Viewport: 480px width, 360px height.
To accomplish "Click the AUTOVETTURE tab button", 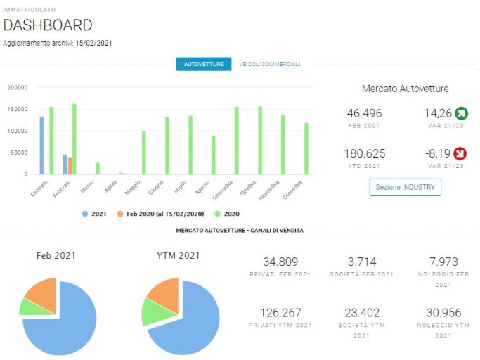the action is pyautogui.click(x=204, y=64).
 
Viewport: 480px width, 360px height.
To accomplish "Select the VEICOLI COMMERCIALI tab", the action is pyautogui.click(x=270, y=64).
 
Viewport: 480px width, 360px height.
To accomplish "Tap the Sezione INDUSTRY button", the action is pyautogui.click(x=406, y=187).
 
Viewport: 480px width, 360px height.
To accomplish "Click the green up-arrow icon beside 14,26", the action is pyautogui.click(x=461, y=113).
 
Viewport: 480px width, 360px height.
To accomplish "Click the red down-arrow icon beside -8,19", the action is pyautogui.click(x=460, y=153).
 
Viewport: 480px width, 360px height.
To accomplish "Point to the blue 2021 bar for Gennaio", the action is pyautogui.click(x=41, y=146).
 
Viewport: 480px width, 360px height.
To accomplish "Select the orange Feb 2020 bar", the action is pyautogui.click(x=70, y=166).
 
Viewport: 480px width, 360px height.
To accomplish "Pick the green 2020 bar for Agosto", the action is pyautogui.click(x=214, y=155).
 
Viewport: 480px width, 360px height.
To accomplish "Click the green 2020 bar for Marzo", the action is pyautogui.click(x=98, y=169).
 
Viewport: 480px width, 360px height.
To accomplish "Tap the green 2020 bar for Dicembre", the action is pyautogui.click(x=306, y=148).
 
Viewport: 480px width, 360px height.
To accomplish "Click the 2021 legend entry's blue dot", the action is pyautogui.click(x=85, y=214).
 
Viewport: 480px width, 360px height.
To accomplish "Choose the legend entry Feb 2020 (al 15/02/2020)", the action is pyautogui.click(x=161, y=214).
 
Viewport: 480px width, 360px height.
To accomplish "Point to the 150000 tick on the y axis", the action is pyautogui.click(x=18, y=110).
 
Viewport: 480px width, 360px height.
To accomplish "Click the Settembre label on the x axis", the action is pyautogui.click(x=223, y=191).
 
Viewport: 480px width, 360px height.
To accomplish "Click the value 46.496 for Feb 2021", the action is pyautogui.click(x=364, y=113).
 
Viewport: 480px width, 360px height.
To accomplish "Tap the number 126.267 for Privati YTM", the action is pyautogui.click(x=280, y=313).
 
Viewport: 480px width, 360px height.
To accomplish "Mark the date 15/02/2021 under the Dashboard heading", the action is pyautogui.click(x=93, y=43).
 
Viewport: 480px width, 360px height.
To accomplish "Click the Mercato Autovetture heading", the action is pyautogui.click(x=406, y=89).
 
